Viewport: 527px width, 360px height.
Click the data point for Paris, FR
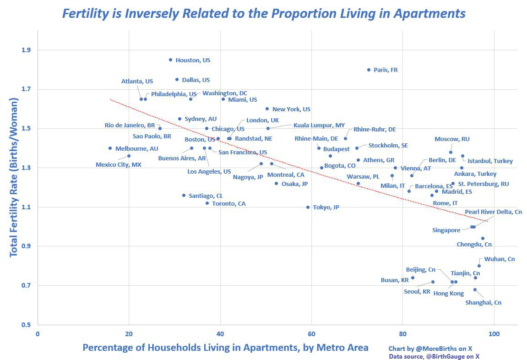369,70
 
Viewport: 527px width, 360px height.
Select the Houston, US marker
170,60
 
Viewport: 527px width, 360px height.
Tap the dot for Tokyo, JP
308,207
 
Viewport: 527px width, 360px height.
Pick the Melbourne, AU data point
110,148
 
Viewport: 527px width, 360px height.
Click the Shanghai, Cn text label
483,303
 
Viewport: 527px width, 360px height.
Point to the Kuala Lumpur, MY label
319,125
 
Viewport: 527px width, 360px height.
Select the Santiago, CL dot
184,195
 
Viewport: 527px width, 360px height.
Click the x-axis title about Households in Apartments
225,348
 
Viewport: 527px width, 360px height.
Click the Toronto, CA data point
207,203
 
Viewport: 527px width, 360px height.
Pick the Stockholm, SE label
388,146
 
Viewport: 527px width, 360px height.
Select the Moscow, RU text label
452,139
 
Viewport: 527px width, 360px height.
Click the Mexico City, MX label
118,164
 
